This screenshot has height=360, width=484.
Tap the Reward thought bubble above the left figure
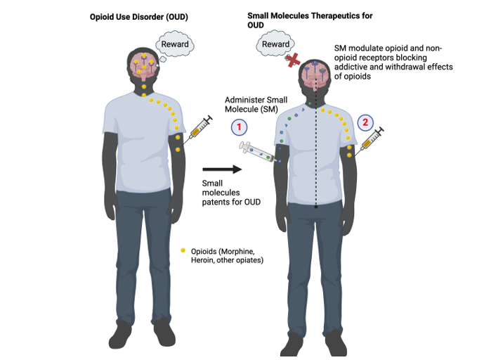click(x=174, y=45)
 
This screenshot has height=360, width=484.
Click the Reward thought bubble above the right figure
click(x=275, y=45)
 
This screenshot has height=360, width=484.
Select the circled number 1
click(x=239, y=127)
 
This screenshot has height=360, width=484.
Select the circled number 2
click(x=365, y=122)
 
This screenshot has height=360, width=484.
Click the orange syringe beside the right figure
click(x=371, y=141)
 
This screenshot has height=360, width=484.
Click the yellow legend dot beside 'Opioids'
click(x=183, y=250)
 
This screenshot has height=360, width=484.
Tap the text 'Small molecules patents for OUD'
click(x=221, y=193)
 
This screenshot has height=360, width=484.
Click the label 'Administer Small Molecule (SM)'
click(x=251, y=105)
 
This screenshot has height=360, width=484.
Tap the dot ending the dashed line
click(x=317, y=207)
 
